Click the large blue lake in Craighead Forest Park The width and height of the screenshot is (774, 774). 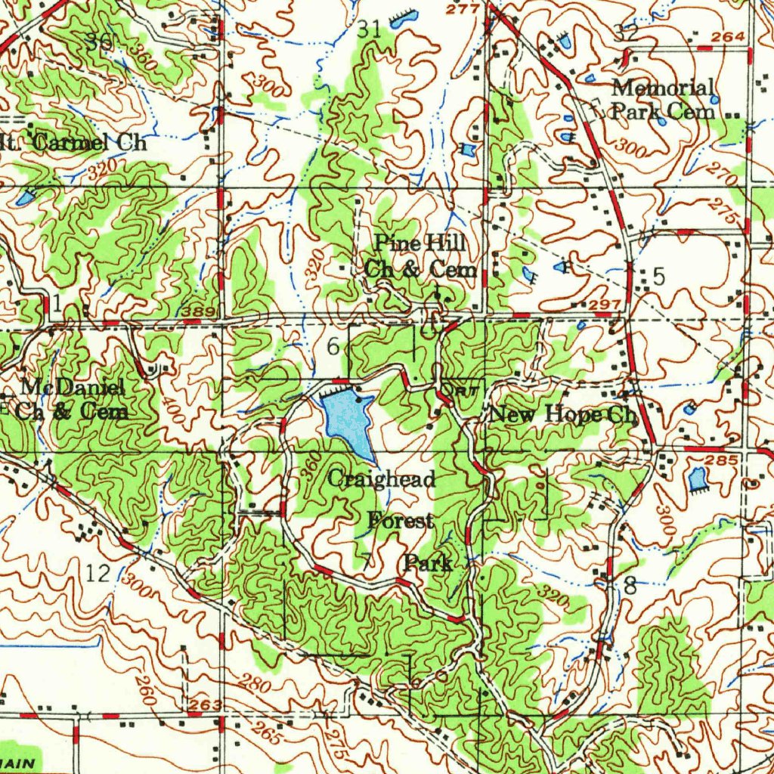click(348, 420)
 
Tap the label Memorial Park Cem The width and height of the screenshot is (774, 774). click(662, 99)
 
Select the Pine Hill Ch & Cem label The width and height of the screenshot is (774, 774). click(420, 256)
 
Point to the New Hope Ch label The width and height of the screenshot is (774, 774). click(563, 414)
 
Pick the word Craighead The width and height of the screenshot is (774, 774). click(382, 479)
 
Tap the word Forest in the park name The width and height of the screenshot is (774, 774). click(401, 521)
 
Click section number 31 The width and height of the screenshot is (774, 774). click(370, 29)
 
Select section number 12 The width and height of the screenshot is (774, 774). click(98, 574)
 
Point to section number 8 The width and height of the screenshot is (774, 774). click(630, 585)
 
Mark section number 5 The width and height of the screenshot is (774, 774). click(658, 277)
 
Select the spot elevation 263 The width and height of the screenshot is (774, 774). click(206, 705)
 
